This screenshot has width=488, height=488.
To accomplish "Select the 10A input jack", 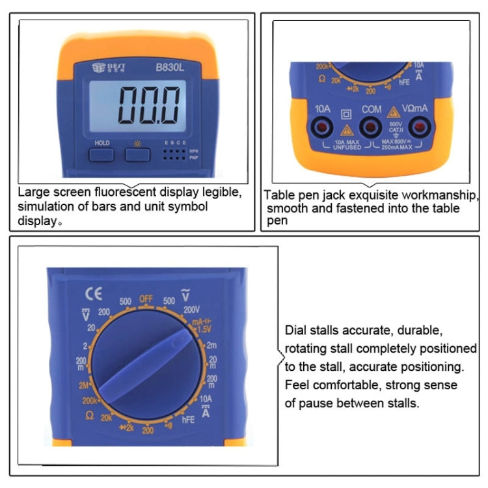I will click(x=323, y=128).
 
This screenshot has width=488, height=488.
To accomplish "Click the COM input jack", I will click(x=372, y=128).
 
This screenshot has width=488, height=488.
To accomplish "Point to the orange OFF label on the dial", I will click(x=146, y=299).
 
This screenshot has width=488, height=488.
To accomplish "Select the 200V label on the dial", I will click(x=192, y=310).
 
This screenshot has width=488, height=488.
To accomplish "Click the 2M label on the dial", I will click(x=84, y=385).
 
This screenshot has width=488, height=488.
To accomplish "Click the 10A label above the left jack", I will click(x=323, y=109).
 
